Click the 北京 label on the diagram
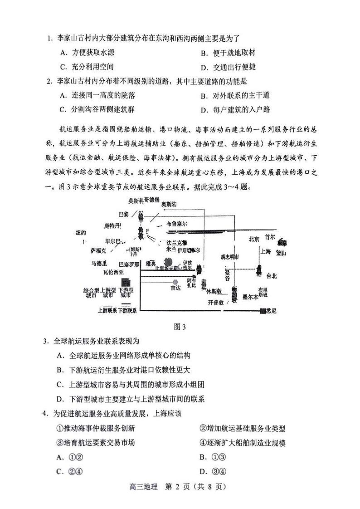[x=254, y=239]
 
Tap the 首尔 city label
[x=270, y=237]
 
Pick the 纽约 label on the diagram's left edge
[x=81, y=233]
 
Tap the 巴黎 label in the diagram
[x=123, y=214]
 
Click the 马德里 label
[x=99, y=263]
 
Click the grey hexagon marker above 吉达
[x=175, y=282]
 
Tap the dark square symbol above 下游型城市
[x=126, y=282]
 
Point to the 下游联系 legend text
[x=127, y=310]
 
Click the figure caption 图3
[x=180, y=326]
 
